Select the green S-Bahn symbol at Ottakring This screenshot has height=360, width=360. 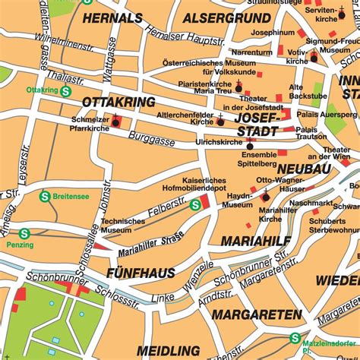[x=66, y=90]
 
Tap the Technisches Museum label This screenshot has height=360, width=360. [x=123, y=226]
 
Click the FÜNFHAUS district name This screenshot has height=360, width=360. [x=141, y=272]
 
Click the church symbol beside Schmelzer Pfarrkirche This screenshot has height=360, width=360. [x=116, y=119]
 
